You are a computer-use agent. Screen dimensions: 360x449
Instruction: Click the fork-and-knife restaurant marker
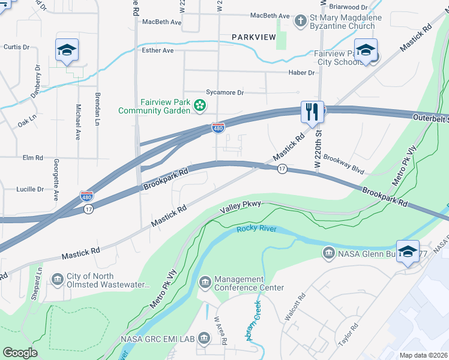pos(312,112)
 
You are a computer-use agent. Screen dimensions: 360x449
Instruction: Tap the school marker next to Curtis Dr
pos(67,50)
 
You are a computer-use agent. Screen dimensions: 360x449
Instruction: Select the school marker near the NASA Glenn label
pos(408,252)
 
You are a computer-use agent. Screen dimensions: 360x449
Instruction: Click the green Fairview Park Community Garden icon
pos(199,106)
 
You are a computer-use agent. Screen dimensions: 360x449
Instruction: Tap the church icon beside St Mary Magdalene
pos(300,22)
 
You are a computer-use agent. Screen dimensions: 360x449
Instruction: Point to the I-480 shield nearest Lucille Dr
pos(86,196)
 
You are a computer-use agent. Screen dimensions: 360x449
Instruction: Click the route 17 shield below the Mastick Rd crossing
pos(282,170)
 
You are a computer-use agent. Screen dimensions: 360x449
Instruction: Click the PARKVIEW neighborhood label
pos(254,37)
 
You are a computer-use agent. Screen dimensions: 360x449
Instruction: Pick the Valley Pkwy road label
pos(241,207)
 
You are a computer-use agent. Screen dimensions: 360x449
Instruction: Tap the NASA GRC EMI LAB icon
pos(204,339)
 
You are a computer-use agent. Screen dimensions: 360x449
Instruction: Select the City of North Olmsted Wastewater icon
pos(58,280)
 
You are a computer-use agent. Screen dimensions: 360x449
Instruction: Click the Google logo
pos(20,353)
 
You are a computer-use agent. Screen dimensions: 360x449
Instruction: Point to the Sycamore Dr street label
pos(225,92)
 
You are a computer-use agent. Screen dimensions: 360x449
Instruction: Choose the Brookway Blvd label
pos(344,164)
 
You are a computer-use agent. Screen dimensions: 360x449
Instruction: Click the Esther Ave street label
pos(157,50)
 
